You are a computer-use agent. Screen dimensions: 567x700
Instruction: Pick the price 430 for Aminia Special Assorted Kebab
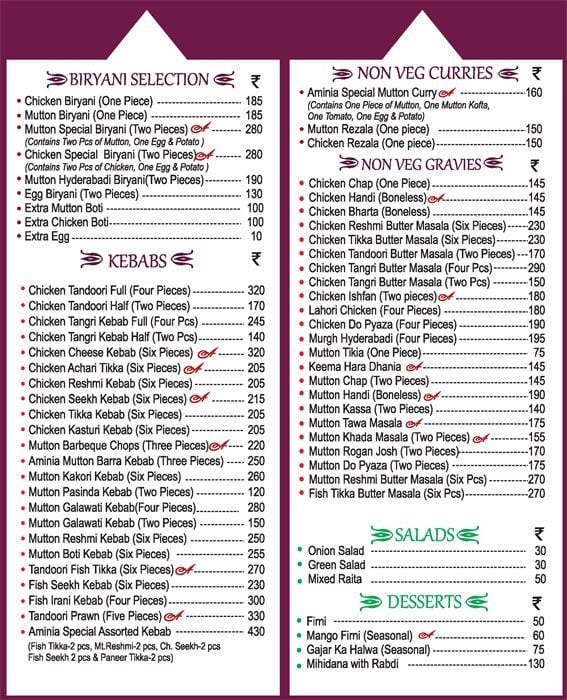coord(255,632)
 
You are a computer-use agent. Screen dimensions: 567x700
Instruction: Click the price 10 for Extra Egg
coord(256,236)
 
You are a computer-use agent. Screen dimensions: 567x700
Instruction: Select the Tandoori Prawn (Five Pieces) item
coord(91,616)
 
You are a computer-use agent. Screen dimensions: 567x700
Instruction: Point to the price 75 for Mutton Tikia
coord(538,353)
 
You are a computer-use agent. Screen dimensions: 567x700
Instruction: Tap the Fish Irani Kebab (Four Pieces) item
coord(97,600)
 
